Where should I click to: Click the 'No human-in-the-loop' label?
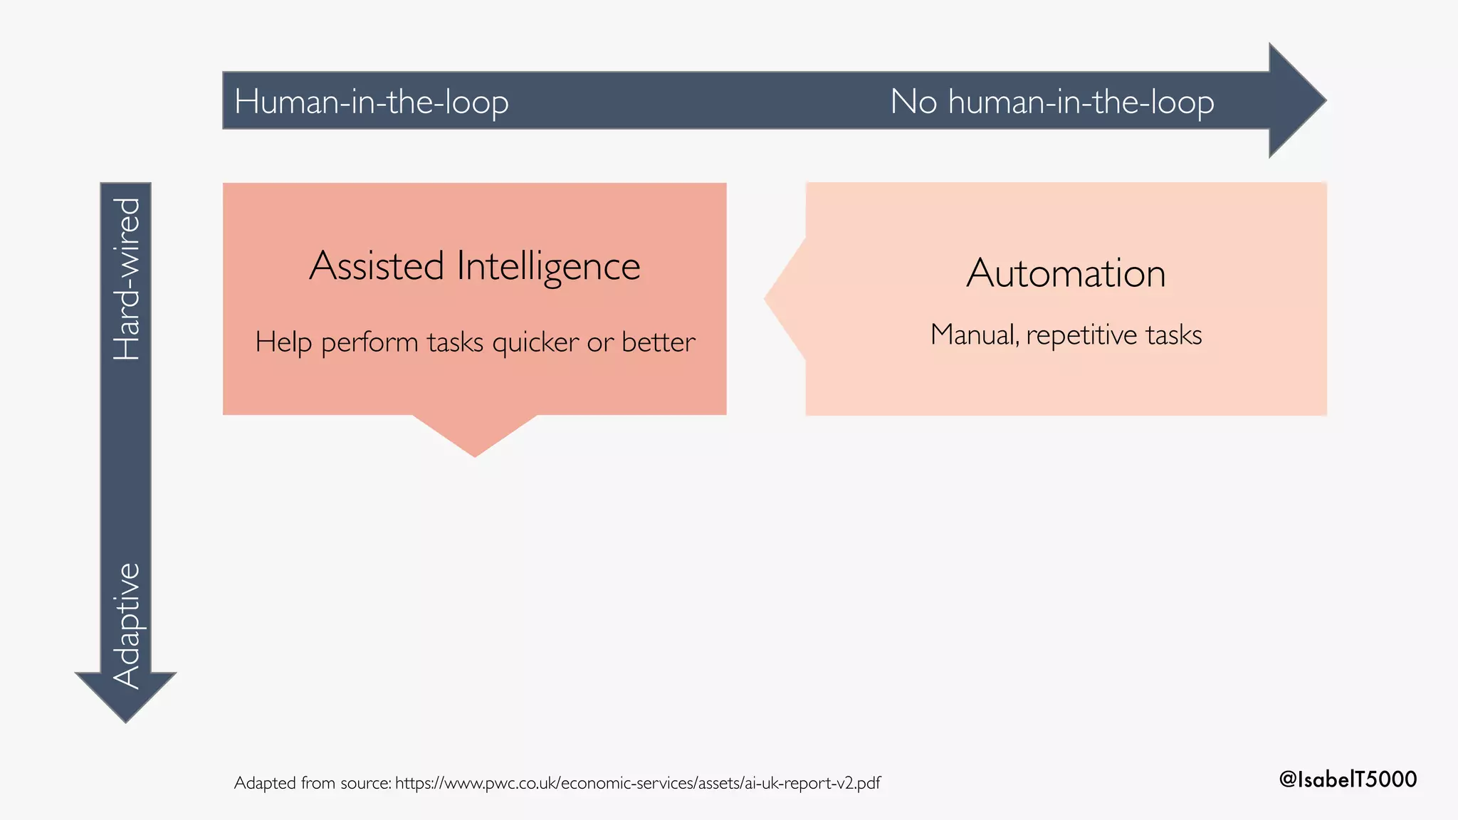click(1052, 102)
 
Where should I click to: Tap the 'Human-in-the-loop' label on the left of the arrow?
click(371, 102)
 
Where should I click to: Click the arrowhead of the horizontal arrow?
click(1296, 100)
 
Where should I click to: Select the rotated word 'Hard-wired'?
click(127, 278)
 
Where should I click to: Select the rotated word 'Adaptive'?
click(127, 625)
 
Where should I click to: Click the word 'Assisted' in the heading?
click(377, 266)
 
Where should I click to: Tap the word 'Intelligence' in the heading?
click(548, 266)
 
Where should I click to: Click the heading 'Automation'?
click(1066, 273)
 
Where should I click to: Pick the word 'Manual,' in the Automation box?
click(974, 335)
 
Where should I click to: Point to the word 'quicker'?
click(535, 342)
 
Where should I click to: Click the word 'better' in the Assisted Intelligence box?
click(658, 342)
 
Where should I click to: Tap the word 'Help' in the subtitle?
click(283, 342)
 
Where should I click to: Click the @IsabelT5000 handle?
click(1348, 779)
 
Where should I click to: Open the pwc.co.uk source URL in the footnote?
click(637, 783)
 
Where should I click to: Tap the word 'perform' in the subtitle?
click(369, 343)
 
